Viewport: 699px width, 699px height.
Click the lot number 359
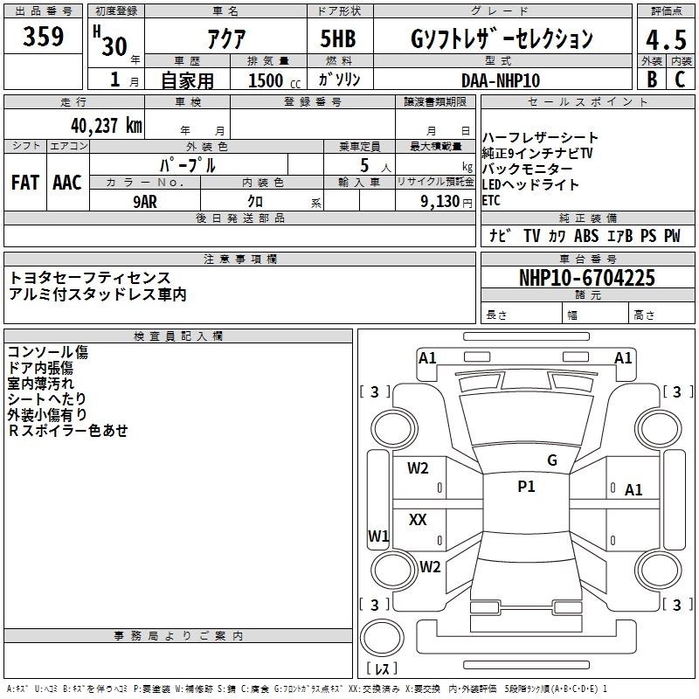44,37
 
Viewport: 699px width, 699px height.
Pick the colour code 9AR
145,201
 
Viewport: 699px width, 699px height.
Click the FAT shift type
24,182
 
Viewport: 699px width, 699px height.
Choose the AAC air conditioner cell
66,182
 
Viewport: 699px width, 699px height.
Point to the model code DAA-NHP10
501,80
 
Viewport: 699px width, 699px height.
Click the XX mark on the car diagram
418,520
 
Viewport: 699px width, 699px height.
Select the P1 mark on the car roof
526,487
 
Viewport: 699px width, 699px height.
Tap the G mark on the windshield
551,460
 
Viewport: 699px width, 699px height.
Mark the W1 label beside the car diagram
377,536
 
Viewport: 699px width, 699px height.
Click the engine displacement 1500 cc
267,80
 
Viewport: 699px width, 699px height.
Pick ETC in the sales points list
491,200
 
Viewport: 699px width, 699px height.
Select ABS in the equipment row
586,236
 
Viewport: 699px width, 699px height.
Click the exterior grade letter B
650,80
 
